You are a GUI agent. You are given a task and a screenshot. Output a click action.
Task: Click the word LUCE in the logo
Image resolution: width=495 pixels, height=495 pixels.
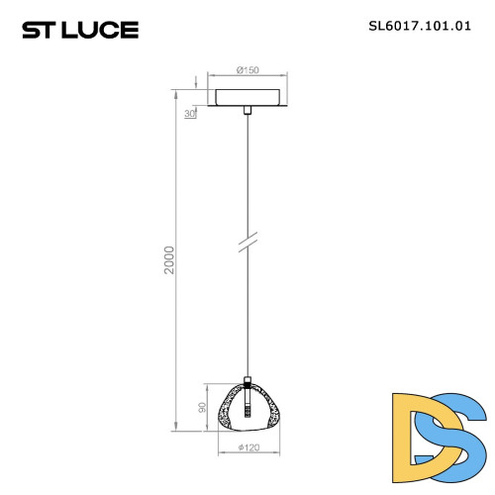[x=102, y=30]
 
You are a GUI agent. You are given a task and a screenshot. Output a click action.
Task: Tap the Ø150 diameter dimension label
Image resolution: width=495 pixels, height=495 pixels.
[x=247, y=70]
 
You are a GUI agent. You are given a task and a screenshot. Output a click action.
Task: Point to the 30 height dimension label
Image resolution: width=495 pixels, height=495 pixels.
[x=189, y=113]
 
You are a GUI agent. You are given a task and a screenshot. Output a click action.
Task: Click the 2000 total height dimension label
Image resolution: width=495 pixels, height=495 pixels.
[x=169, y=261]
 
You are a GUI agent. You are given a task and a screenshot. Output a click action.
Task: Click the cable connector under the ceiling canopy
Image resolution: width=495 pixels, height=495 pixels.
[x=247, y=114]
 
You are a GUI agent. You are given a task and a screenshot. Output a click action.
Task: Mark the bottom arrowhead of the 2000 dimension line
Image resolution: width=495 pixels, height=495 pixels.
[x=178, y=429]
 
